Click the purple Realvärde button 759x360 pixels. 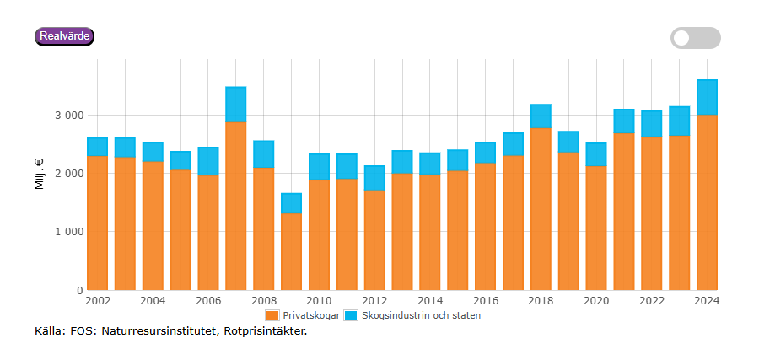click(64, 36)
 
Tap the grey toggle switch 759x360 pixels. click(695, 38)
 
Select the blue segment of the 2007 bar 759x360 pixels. click(235, 105)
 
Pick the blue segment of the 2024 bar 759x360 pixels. click(707, 97)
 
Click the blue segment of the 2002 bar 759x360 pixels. click(97, 147)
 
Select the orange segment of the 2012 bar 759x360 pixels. click(374, 239)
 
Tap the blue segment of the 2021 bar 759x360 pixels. click(624, 121)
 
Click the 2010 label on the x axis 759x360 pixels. click(319, 301)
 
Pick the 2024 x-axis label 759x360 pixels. click(707, 301)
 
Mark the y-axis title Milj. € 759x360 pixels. click(40, 173)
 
